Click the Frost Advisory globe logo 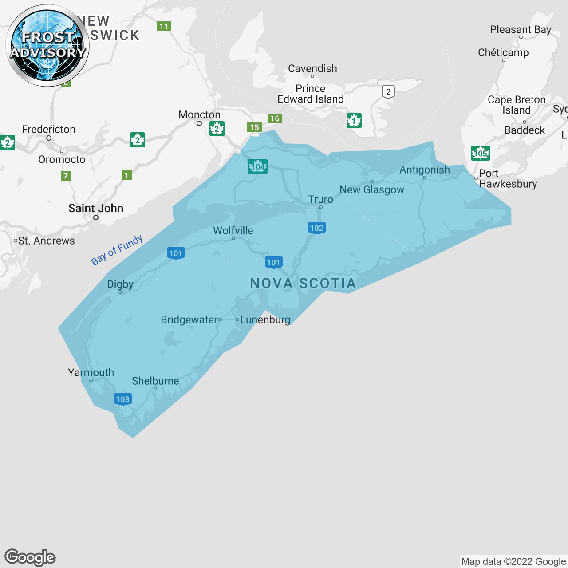coord(47,45)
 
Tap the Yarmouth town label coord(91,373)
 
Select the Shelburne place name coord(155,381)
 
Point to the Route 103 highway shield coord(122,399)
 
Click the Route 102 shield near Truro coord(316,228)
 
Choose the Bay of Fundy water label coord(117,250)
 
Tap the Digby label coord(120,284)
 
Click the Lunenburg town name coord(265,320)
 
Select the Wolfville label coord(233,231)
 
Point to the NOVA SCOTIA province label coord(303,284)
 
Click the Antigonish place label coord(425,170)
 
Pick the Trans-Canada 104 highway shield coord(258,166)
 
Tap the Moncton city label coord(199,115)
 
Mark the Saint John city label coord(96,209)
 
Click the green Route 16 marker coord(275,118)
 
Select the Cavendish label coord(312,69)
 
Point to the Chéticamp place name coord(503,53)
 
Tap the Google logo coord(30,557)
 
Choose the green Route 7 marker coord(66,176)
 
